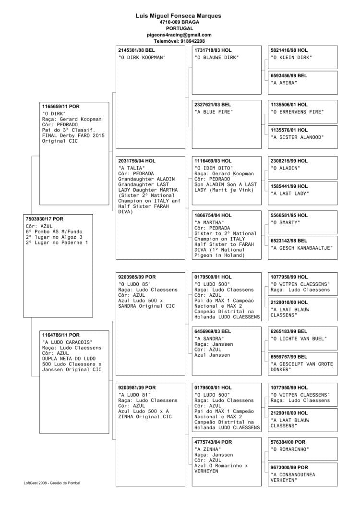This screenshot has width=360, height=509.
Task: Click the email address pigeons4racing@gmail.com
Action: (x=179, y=35)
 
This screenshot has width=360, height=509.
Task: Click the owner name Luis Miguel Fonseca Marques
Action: (x=179, y=16)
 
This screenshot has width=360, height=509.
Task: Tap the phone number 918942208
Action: (x=192, y=41)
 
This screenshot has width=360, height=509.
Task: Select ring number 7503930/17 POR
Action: (x=44, y=219)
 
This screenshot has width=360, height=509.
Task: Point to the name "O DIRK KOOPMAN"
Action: (x=142, y=58)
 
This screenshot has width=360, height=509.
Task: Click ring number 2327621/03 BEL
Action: (x=212, y=105)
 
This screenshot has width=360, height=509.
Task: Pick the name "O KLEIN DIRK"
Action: (x=291, y=58)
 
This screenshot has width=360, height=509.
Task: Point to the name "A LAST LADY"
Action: (x=289, y=194)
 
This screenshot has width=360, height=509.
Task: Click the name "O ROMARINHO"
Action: (x=289, y=449)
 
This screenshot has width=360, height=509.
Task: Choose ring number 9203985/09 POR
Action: (x=137, y=277)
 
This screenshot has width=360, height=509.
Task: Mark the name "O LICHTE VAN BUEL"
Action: (x=298, y=339)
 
